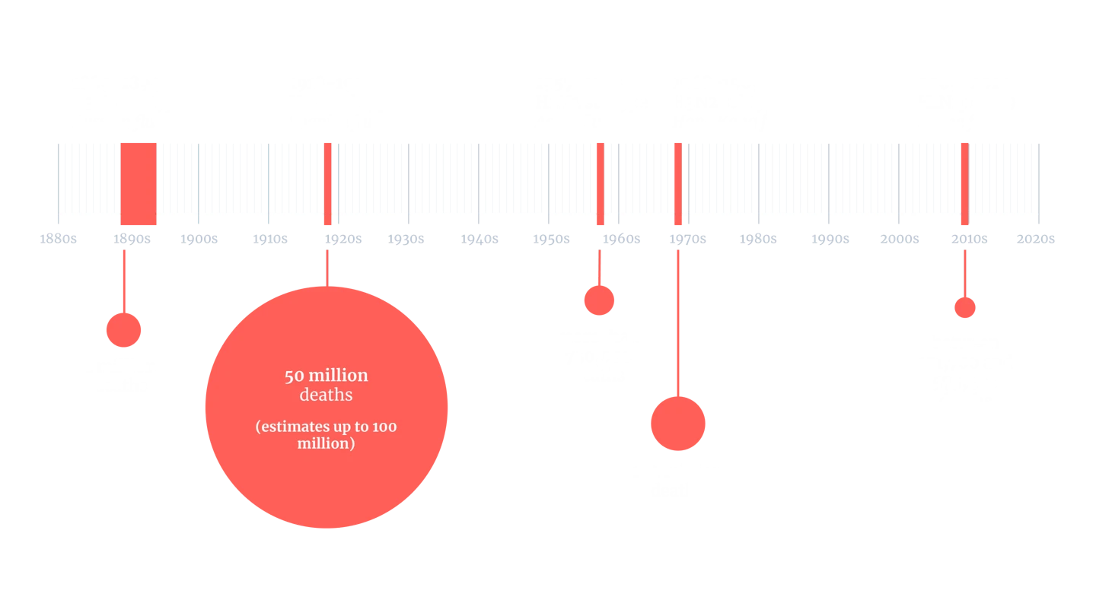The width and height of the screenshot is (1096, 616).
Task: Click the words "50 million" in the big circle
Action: pyautogui.click(x=326, y=376)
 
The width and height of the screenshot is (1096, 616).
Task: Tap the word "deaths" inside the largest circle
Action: pyautogui.click(x=326, y=395)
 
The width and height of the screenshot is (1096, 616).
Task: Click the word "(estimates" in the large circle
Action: pyautogui.click(x=290, y=427)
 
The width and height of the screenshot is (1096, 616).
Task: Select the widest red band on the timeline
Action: pyautogui.click(x=139, y=183)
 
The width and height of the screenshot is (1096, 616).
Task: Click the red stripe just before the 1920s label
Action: pyautogui.click(x=327, y=183)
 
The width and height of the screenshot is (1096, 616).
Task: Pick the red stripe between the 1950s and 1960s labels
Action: pyautogui.click(x=600, y=183)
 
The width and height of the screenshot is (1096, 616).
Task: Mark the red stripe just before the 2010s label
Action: pyautogui.click(x=964, y=183)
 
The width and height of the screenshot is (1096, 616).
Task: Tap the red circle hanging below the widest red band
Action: pyautogui.click(x=123, y=329)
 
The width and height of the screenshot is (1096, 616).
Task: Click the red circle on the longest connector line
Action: pyautogui.click(x=677, y=423)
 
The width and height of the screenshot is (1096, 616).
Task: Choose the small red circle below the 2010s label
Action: pyautogui.click(x=964, y=307)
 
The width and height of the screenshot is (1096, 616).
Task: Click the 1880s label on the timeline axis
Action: pyautogui.click(x=58, y=239)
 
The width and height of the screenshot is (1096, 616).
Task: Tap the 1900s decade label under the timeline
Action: pyautogui.click(x=198, y=239)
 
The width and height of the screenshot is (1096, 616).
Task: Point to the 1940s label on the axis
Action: pyautogui.click(x=478, y=239)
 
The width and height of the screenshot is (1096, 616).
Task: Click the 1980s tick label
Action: pyautogui.click(x=757, y=239)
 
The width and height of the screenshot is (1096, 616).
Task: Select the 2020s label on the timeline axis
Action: pyautogui.click(x=1038, y=239)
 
